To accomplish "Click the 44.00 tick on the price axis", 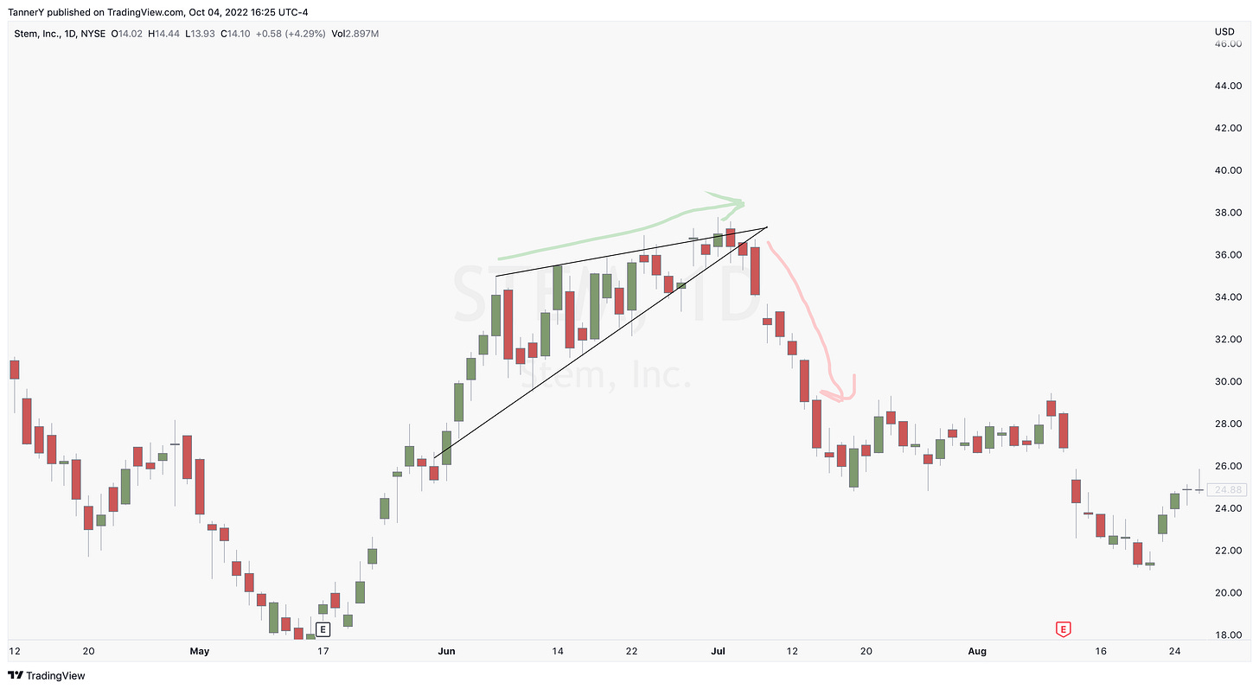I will tap(1229, 86).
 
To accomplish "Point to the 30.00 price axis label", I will tap(1229, 381).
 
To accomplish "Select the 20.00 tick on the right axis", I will tap(1229, 592).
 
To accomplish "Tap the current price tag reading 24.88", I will tap(1229, 489).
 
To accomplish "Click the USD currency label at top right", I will tap(1224, 33).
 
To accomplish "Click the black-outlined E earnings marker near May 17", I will tap(323, 629).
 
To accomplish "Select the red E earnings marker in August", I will tap(1063, 628).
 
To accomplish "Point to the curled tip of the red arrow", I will tap(843, 394).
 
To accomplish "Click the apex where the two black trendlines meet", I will tap(767, 227).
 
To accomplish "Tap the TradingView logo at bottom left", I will tap(48, 676).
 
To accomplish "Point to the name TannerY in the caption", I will tap(27, 12).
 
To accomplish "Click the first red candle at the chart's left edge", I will tap(14, 369).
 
